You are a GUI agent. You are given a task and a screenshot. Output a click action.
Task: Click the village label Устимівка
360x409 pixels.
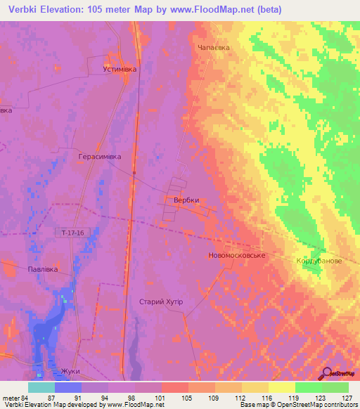coord(120,70)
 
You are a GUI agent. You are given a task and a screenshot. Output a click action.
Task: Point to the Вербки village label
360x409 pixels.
coord(186,200)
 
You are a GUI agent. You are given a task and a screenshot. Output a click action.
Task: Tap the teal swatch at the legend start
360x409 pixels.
coord(41,387)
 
